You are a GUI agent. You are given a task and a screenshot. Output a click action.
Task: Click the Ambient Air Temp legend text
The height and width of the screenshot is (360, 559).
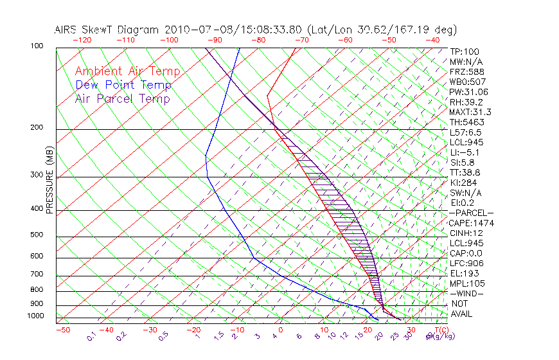[127, 71]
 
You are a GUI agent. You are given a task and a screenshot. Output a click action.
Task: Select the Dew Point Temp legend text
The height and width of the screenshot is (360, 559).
[123, 85]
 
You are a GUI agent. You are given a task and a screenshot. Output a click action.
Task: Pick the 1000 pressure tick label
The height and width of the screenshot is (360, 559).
[36, 316]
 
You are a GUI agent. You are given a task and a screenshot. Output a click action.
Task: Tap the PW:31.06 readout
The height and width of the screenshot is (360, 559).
[468, 92]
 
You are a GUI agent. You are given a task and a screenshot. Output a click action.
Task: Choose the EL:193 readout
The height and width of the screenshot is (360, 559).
[465, 273]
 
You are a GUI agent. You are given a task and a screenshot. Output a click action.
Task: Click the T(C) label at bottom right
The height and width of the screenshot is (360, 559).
[440, 330]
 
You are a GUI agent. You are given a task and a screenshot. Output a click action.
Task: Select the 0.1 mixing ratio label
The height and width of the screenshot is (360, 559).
[92, 336]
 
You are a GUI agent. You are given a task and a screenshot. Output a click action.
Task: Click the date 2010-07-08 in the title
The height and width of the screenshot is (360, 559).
[194, 30]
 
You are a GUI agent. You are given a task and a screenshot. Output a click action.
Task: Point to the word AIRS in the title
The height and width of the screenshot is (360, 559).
[67, 30]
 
